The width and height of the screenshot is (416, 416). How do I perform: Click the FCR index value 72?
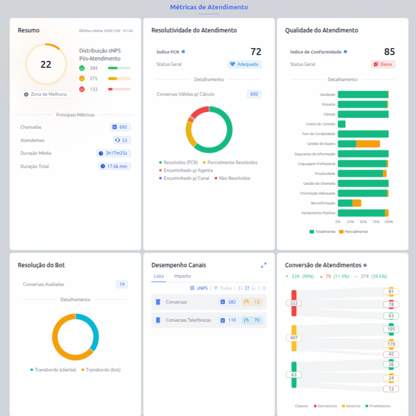point(256,52)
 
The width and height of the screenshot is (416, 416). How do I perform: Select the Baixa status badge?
point(383,64)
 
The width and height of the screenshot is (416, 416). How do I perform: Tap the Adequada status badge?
point(244,64)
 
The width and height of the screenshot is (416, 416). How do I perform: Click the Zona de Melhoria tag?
point(46,94)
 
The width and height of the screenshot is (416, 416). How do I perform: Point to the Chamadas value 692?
point(120,127)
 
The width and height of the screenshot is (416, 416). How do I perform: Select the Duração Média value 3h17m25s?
point(113,153)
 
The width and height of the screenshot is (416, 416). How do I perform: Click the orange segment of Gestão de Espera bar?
point(368,144)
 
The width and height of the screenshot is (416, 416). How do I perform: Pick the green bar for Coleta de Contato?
point(341,124)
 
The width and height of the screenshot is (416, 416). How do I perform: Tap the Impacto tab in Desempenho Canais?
point(182,276)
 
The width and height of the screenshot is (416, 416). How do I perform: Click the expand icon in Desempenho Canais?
point(263,265)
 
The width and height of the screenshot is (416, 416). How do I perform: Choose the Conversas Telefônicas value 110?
point(228,320)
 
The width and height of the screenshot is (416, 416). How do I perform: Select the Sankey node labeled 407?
point(294,338)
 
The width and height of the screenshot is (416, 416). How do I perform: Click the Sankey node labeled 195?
point(391,329)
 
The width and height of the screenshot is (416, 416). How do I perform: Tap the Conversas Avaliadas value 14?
point(122,284)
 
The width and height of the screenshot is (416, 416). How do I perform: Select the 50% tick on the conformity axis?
point(363,222)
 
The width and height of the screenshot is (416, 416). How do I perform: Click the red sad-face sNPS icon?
point(82,89)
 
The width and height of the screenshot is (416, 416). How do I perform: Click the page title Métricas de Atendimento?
point(209,7)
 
